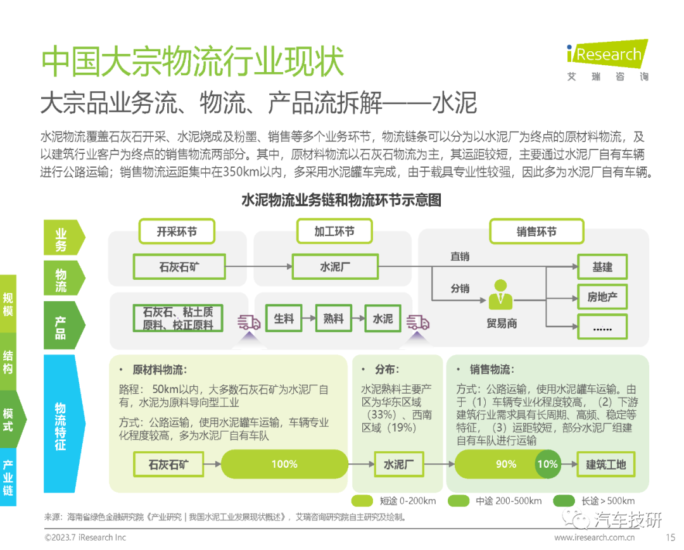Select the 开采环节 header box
177,232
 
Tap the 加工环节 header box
334,232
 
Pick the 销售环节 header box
536,232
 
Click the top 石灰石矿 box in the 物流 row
179,267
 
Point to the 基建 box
602,267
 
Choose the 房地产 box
602,297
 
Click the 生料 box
284,319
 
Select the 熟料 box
333,319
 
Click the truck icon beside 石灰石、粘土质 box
249,323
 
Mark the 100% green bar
284,464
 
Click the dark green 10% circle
547,464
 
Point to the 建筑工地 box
605,465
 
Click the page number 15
671,537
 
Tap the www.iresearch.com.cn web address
594,537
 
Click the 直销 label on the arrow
460,257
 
